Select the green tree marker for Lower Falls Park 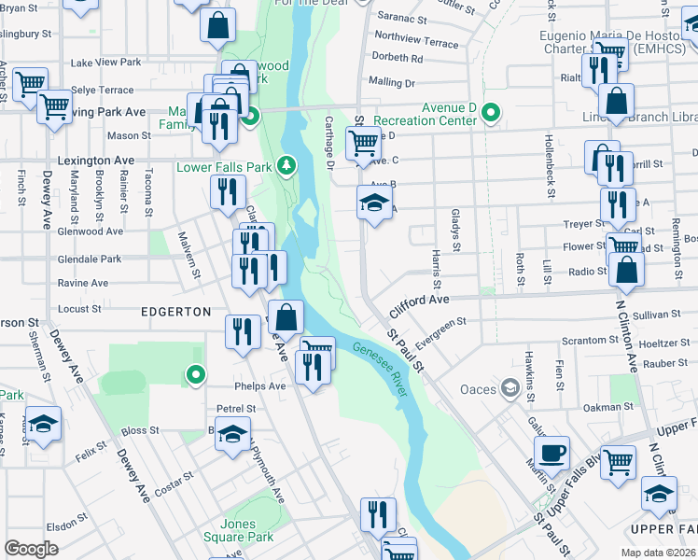(288, 166)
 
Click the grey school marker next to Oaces (510, 387)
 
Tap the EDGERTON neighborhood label (175, 310)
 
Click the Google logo (31, 549)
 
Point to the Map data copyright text (658, 553)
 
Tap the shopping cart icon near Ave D (363, 143)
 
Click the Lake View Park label (105, 63)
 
